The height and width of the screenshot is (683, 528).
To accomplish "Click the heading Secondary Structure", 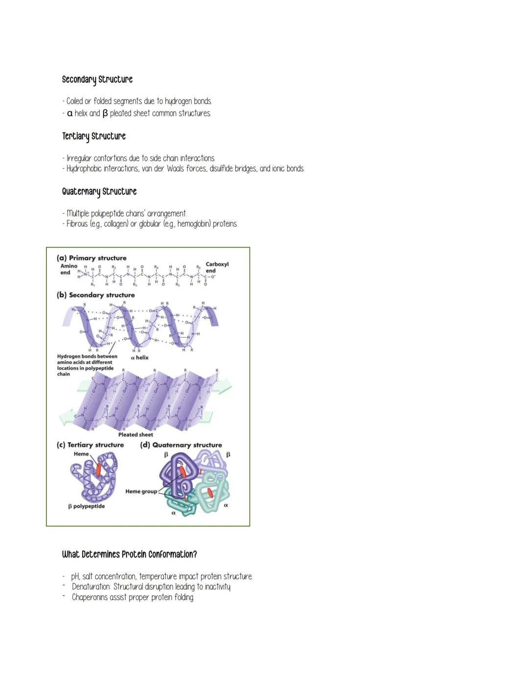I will (x=97, y=80).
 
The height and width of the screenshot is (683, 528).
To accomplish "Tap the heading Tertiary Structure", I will (x=93, y=136).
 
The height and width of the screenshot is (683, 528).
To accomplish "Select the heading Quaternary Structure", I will (x=99, y=192).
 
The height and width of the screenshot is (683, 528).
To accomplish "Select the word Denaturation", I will (x=90, y=587).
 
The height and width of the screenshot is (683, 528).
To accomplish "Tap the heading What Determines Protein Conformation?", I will (x=129, y=554).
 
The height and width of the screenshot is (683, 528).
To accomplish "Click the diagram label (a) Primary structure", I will (x=91, y=258).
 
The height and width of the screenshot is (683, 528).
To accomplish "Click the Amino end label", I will (x=68, y=269).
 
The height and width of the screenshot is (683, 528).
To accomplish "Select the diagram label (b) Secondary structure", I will (x=95, y=295).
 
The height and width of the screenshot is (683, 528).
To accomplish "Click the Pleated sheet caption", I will (x=135, y=435).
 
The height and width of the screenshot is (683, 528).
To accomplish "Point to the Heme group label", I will (x=141, y=491).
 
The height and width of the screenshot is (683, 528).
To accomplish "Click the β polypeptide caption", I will (x=86, y=507).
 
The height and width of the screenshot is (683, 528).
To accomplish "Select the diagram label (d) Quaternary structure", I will (x=180, y=445).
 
